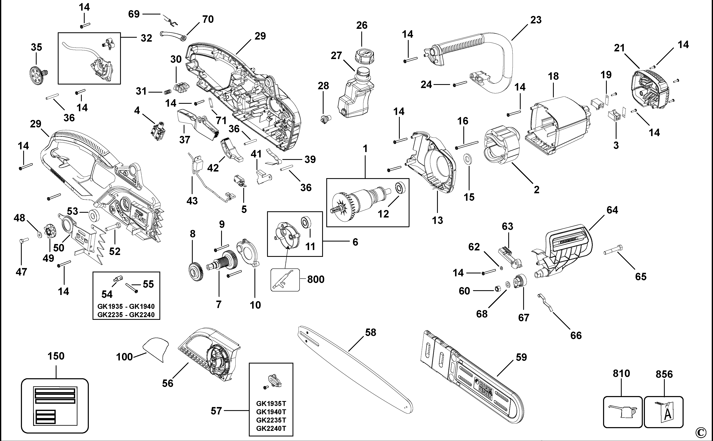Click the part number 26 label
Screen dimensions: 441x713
pos(362,25)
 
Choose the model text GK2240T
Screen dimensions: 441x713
pos(271,428)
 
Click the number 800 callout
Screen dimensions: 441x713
pos(316,279)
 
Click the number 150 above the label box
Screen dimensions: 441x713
pos(56,356)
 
